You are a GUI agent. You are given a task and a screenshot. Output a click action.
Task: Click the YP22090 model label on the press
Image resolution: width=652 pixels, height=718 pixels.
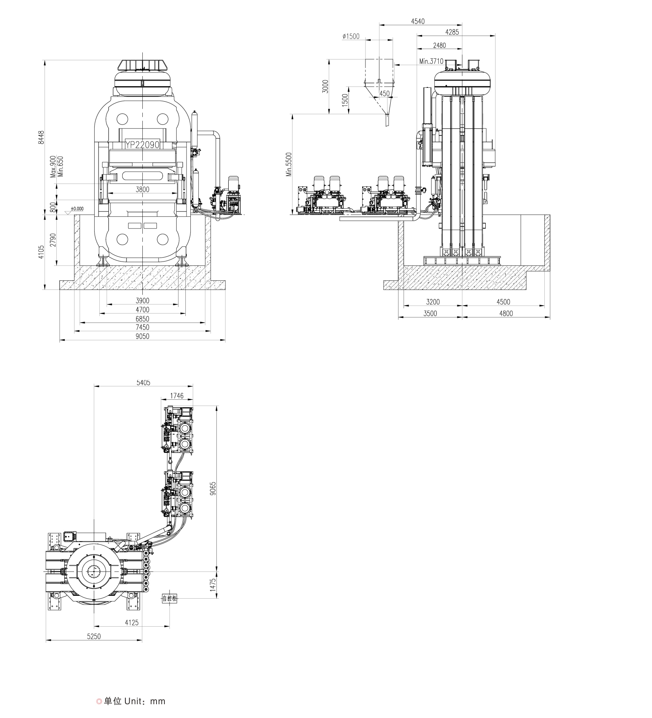pos(142,145)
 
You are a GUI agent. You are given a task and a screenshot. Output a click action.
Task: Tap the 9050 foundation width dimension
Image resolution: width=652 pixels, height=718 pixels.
pos(142,336)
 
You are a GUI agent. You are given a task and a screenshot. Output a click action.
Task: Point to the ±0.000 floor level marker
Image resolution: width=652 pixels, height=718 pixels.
pos(77,208)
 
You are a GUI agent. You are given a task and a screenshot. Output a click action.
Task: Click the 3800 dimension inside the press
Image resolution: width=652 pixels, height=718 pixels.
pos(142,189)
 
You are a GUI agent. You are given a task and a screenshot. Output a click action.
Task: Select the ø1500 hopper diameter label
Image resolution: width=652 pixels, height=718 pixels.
pos(351,36)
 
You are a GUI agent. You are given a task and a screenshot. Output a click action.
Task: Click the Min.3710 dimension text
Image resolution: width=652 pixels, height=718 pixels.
pos(431,61)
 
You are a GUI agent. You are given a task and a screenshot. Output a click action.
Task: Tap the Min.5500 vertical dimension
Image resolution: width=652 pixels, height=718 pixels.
pos(289,164)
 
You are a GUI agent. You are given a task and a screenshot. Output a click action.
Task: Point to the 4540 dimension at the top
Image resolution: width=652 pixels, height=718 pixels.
pos(418,21)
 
